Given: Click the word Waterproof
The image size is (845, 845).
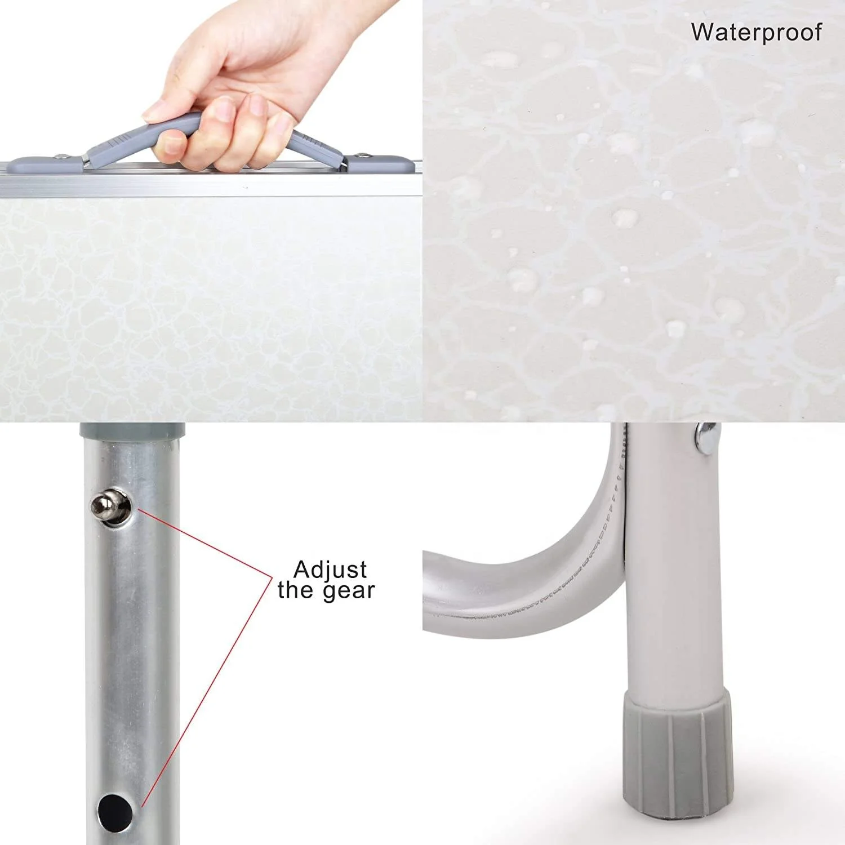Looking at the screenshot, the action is point(756,33).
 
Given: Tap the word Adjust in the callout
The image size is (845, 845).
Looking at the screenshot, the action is point(330,570).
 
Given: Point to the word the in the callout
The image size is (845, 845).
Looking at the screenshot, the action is point(296,590).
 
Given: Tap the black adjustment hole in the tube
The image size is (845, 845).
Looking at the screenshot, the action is point(115,812).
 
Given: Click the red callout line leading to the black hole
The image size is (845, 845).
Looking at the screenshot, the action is point(207,693).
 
